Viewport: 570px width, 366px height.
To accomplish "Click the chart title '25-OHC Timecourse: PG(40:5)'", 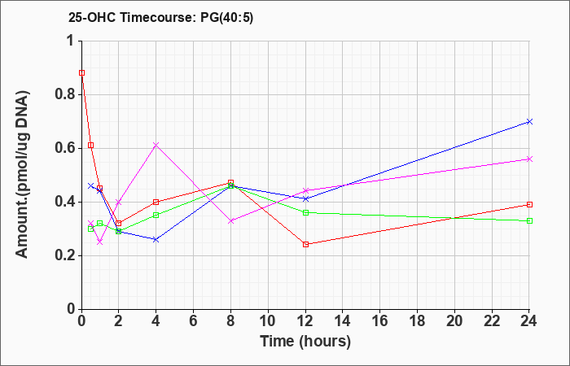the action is [x=160, y=18].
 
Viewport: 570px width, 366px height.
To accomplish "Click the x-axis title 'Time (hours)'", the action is [x=305, y=342].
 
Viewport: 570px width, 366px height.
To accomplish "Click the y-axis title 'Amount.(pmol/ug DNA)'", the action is [x=23, y=175].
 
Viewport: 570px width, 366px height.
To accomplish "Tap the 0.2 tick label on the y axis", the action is [x=65, y=256].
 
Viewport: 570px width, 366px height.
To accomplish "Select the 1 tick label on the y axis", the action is [x=72, y=41].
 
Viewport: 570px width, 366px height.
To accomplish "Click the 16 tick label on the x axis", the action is [x=379, y=321].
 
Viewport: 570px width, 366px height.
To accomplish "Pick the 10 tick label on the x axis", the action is [x=268, y=321].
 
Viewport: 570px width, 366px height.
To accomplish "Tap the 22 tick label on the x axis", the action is [x=492, y=321].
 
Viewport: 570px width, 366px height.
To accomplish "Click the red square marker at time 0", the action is [x=81, y=73].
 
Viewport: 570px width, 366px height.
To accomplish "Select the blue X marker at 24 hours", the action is [x=529, y=122].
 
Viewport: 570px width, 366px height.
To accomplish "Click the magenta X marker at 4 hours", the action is [x=156, y=146].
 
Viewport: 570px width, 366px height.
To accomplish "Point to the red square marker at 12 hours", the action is [x=305, y=244].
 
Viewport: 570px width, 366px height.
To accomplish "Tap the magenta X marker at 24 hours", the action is [x=529, y=159].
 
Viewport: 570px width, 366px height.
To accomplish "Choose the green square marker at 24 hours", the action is [x=529, y=220].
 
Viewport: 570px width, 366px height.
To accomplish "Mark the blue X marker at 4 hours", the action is [x=156, y=240].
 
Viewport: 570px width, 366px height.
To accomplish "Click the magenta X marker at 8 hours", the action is [x=230, y=220].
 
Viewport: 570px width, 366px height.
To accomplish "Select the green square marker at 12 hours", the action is [x=305, y=213].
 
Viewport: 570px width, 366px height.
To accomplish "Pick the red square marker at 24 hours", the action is [x=529, y=205].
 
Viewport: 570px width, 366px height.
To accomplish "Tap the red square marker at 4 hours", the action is [x=156, y=202].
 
